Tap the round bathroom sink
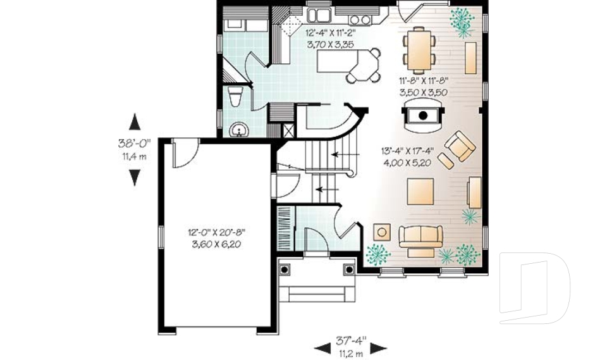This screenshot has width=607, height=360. [x=240, y=129]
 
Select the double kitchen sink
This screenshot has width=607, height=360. [x=319, y=15]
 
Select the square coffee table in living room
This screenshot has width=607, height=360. [x=420, y=192]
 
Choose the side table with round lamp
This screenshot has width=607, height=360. [x=381, y=232]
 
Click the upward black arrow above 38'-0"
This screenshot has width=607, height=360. [x=134, y=123]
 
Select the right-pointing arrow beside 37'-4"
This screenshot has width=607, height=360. [x=378, y=347]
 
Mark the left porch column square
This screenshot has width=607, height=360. [x=286, y=270]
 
